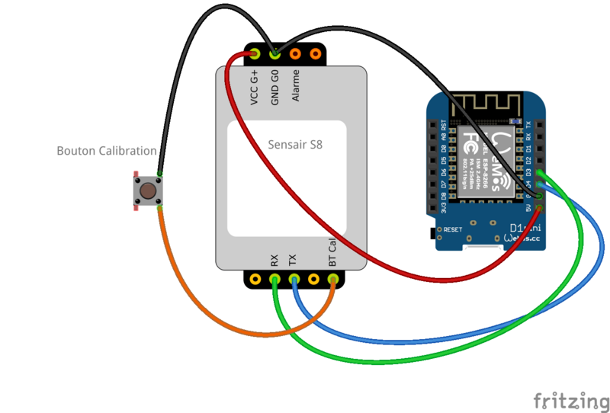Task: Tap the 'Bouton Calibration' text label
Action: [107, 151]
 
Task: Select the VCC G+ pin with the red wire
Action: [255, 53]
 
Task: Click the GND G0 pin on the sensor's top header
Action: [274, 53]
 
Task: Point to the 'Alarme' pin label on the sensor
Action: [295, 85]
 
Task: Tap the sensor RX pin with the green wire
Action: [274, 280]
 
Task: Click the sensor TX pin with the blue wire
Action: [294, 280]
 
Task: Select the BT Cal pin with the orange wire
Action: [332, 280]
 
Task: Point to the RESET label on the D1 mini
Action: [453, 229]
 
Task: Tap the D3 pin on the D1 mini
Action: [540, 172]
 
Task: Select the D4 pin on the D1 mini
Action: [540, 184]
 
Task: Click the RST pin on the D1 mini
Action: [434, 124]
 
